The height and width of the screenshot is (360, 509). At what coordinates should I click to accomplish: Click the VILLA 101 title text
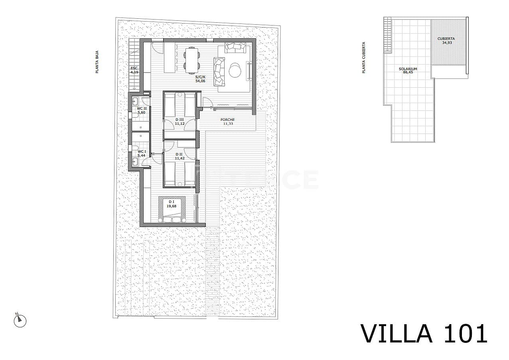point(424,333)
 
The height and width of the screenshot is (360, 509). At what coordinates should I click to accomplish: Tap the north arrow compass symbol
point(20,320)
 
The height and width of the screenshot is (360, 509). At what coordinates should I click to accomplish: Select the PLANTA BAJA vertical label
point(97,64)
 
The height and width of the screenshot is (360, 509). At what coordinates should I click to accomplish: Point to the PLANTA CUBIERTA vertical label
point(363,58)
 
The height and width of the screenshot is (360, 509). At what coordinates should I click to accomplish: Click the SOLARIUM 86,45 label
point(408,71)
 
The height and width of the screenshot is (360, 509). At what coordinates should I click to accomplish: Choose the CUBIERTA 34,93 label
point(446,40)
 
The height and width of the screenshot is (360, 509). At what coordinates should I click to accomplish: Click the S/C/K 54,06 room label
point(200,78)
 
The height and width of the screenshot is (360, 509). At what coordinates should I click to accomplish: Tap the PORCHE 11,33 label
point(228,122)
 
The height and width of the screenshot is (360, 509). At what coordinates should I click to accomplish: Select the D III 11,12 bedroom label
point(180,122)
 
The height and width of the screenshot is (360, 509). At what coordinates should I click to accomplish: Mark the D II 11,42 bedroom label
point(179,156)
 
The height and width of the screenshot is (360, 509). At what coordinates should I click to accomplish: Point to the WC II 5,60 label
point(142,110)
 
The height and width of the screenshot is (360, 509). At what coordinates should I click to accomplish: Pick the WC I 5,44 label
point(142,153)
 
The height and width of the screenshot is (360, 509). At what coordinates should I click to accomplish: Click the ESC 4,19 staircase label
point(134,71)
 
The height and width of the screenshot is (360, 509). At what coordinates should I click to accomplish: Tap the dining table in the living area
point(192,60)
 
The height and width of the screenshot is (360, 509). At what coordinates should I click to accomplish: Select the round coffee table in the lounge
point(235,71)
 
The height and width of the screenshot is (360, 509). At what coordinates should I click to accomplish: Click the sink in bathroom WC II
point(135,101)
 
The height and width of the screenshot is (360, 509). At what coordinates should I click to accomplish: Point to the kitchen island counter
point(170,57)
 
